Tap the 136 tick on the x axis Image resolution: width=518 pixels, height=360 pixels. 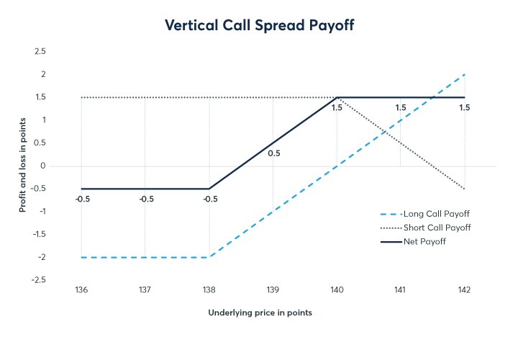81,290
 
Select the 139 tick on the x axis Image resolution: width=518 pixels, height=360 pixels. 273,290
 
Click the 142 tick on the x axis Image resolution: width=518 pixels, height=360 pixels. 464,290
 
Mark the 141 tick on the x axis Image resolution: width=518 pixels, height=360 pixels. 400,290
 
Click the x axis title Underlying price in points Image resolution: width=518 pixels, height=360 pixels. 260,313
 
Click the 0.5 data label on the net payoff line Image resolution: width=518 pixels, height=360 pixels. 273,153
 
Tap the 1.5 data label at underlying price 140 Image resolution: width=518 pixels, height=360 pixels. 337,108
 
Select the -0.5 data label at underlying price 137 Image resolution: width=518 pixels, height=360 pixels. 145,199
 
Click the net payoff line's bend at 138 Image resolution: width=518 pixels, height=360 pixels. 209,189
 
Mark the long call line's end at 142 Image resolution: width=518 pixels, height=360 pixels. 464,74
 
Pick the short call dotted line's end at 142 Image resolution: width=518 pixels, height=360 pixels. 464,189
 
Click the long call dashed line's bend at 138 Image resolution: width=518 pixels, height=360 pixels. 209,257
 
